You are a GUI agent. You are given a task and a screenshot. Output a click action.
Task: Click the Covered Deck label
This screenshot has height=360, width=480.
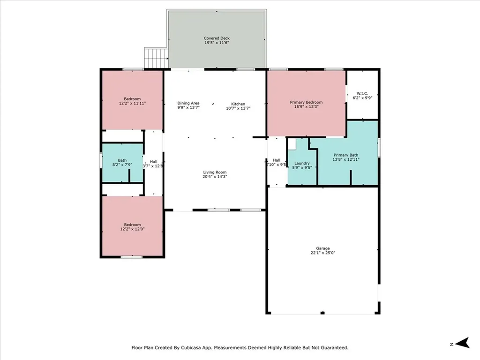pos(217,38)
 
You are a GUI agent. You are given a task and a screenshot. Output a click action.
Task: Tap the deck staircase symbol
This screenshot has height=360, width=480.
pos(156,58)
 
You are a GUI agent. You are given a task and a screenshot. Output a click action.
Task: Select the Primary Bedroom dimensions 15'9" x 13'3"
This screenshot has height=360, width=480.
pos(306,107)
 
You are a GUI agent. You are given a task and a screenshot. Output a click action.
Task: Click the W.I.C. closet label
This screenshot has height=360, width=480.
pos(362,93)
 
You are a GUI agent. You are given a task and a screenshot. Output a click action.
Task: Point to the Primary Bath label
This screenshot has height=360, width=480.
pos(346,155)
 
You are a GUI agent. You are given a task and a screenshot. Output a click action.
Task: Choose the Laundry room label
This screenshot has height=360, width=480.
pos(302,163)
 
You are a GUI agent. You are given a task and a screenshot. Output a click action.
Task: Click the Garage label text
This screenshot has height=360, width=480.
pos(322,248)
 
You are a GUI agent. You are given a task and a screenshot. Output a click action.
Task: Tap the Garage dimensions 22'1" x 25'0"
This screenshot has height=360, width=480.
pos(322,253)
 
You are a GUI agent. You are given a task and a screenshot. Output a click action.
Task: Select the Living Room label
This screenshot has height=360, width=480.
pos(215,172)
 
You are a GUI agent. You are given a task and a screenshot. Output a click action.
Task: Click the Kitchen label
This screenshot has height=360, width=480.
pos(238,104)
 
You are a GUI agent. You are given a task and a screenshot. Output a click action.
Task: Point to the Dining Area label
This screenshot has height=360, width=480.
pos(188,103)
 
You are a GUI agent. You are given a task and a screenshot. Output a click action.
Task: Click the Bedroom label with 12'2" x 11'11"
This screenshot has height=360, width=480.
pos(132,98)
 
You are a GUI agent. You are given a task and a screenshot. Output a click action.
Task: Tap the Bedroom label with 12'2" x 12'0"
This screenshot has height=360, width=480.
pos(132,225)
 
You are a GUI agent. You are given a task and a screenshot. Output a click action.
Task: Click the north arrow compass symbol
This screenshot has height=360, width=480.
pos(463,343)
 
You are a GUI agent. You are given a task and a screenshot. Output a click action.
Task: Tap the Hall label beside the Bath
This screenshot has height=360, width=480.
pos(153,161)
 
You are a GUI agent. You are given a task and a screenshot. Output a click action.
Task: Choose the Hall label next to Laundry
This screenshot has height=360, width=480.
pos(277,160)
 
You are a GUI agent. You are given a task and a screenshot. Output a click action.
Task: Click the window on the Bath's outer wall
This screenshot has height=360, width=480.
pos(101,160)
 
